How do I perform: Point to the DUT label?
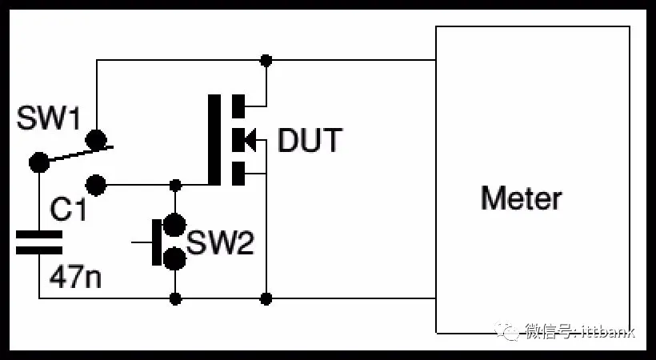(x=309, y=141)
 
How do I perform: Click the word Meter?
(x=521, y=198)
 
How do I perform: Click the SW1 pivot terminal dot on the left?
(x=36, y=162)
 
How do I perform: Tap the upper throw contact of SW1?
(x=96, y=140)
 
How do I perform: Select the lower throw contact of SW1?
(x=96, y=186)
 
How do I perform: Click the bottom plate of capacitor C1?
(x=39, y=249)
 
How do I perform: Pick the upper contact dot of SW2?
(x=174, y=224)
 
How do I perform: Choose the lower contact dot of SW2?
(x=174, y=258)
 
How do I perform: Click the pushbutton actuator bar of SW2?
(x=154, y=241)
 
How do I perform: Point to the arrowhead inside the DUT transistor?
(x=248, y=141)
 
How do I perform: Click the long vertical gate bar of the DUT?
(x=214, y=140)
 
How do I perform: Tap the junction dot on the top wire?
(x=266, y=60)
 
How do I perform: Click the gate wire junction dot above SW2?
(x=175, y=186)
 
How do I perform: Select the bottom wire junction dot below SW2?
(x=175, y=299)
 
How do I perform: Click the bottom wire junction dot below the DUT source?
(x=266, y=299)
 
